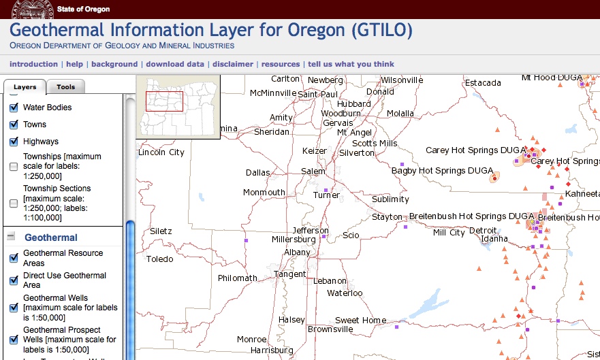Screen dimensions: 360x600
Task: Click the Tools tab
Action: point(66,87)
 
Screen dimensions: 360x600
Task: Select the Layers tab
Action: point(25,87)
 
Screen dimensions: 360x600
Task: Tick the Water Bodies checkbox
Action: point(14,108)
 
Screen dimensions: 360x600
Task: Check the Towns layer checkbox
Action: point(14,125)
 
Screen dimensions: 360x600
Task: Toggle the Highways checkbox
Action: point(14,142)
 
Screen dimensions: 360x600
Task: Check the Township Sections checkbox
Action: point(14,203)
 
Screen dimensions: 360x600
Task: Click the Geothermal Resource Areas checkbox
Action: point(14,258)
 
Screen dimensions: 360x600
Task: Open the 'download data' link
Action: point(175,64)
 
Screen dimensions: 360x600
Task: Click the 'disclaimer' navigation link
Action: point(233,64)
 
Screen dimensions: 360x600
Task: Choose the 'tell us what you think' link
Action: point(351,64)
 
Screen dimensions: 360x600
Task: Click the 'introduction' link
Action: point(33,64)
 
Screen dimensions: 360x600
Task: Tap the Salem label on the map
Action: point(313,171)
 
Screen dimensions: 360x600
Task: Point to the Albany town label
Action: point(297,252)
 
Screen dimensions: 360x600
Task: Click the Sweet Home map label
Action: point(360,321)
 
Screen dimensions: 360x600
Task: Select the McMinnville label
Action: point(273,93)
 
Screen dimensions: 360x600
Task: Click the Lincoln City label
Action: point(161,152)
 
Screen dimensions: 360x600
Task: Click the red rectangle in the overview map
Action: point(164,101)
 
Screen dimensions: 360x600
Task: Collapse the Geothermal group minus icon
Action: point(11,237)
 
